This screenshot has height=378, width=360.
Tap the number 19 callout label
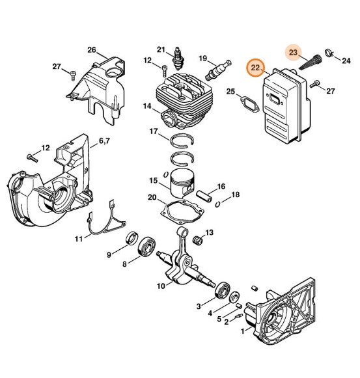pos(202,58)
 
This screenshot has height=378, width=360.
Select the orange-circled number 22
pos(256,68)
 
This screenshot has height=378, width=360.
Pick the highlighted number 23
pos(294,52)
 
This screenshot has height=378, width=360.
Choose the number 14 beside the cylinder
pos(148,106)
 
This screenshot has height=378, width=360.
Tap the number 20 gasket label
pos(152,198)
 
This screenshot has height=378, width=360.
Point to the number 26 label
pos(92,50)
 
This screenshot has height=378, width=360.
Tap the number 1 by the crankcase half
pos(243,330)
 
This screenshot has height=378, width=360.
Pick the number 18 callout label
pos(235,195)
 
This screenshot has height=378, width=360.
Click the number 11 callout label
pos(78,239)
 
